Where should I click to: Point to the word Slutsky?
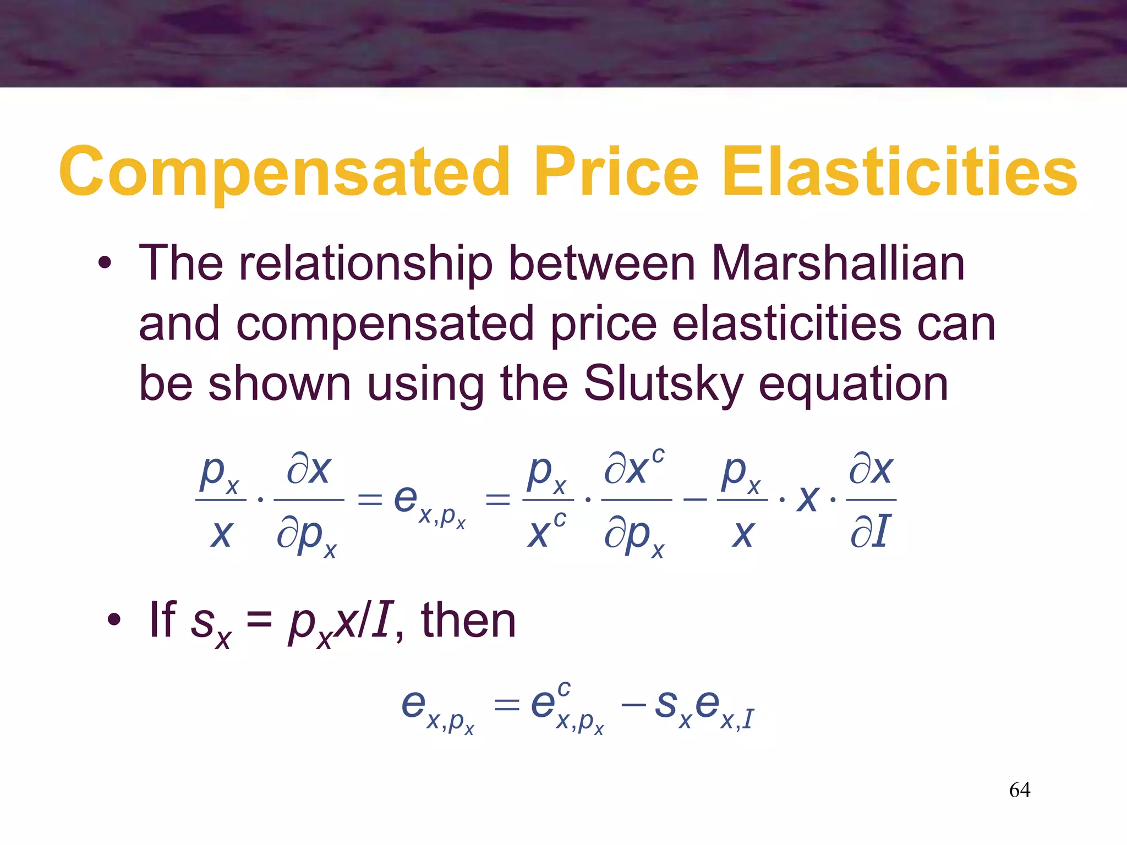click(x=663, y=383)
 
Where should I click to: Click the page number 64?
click(x=1019, y=790)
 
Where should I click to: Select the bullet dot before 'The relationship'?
click(x=105, y=264)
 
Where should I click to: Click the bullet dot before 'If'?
click(x=113, y=620)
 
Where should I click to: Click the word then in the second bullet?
click(x=468, y=620)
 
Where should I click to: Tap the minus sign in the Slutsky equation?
click(x=694, y=500)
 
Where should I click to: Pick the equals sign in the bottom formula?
click(x=506, y=705)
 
